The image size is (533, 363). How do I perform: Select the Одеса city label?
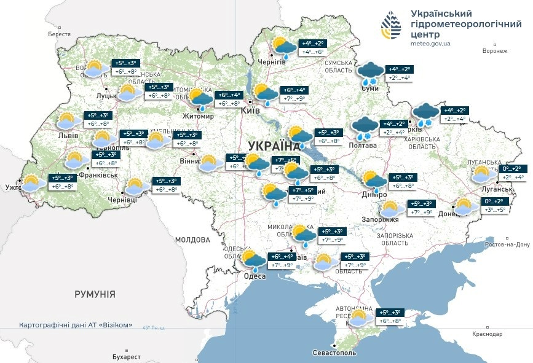(255, 276)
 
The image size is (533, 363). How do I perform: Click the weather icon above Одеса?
(253, 260)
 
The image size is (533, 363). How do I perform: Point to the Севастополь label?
(334, 353)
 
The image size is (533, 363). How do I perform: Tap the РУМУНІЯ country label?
(95, 295)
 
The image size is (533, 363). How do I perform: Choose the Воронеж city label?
(495, 51)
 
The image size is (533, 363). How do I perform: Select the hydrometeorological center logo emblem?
(391, 27)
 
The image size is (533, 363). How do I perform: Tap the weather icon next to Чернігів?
(284, 47)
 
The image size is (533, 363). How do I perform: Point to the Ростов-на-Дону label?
(507, 244)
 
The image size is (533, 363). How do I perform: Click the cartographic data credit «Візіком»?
(76, 325)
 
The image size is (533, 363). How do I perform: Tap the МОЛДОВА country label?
(192, 240)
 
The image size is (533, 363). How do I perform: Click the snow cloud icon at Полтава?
(364, 128)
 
